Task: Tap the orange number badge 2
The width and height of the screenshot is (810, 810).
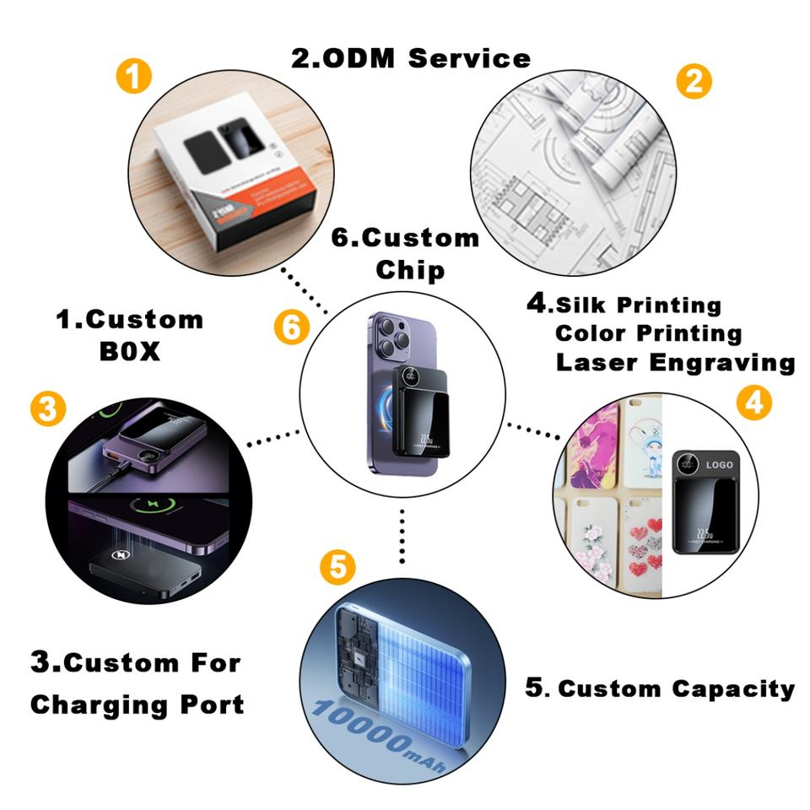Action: point(694,81)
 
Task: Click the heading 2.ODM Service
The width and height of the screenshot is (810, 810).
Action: point(411,58)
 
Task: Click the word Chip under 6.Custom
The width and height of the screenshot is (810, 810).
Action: point(410,270)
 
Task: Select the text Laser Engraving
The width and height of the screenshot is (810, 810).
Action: point(675,363)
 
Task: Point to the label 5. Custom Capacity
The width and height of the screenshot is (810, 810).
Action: point(660,688)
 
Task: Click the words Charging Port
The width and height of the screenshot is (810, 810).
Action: point(137,705)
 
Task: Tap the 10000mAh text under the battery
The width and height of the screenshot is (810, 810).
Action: point(380,730)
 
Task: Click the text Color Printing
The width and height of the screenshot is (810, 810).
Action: point(648,333)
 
